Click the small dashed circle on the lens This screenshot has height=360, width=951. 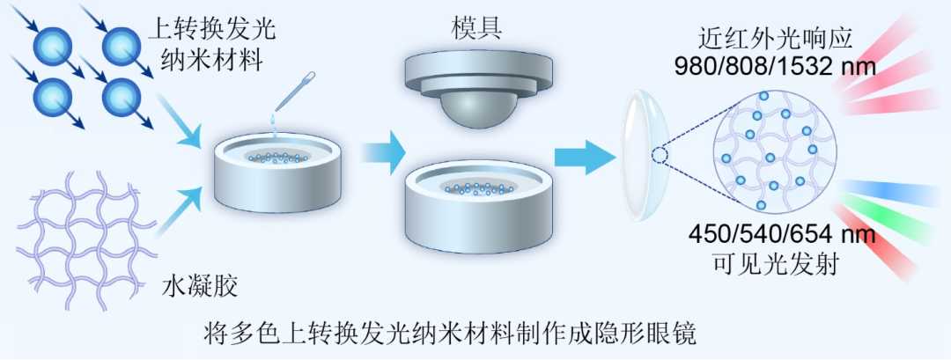(660, 157)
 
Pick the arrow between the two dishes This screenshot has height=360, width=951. (383, 152)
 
